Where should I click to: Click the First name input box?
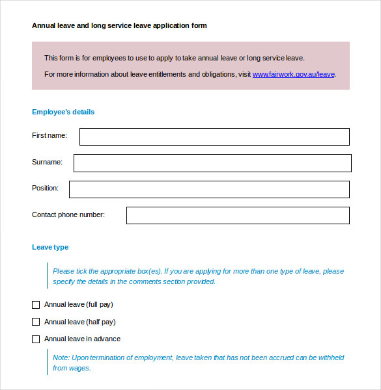click(214, 136)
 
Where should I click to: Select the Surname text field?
click(212, 162)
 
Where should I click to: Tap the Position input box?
click(209, 189)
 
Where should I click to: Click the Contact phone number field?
click(238, 215)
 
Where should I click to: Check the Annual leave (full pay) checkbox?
click(36, 304)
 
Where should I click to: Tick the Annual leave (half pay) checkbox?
click(36, 322)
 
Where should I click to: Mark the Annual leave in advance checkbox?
click(36, 339)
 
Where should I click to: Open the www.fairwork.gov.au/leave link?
click(294, 75)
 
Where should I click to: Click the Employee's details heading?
click(63, 112)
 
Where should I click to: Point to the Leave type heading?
click(50, 247)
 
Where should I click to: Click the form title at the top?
click(119, 26)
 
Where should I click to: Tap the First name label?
click(49, 135)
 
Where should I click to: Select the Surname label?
click(47, 162)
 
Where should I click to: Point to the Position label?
click(45, 188)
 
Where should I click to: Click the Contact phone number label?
click(68, 214)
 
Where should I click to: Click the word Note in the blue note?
click(61, 358)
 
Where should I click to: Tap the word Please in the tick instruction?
click(64, 272)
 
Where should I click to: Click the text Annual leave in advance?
click(82, 339)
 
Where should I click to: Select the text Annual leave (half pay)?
click(79, 322)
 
